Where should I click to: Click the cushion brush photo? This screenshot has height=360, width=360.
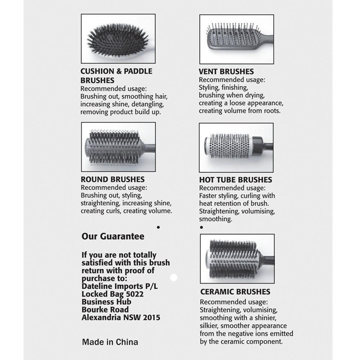coord(118,39)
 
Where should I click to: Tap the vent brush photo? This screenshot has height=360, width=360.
coord(237,39)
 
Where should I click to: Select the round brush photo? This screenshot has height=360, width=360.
coord(118,147)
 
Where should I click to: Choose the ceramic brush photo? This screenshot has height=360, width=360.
coord(237,258)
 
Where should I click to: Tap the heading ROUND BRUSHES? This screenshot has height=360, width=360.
coord(112,179)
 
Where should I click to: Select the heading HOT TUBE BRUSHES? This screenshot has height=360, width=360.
coord(235,180)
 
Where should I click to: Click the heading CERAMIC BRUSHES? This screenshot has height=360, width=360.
coord(235,292)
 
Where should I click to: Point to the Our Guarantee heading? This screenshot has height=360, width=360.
coord(113,237)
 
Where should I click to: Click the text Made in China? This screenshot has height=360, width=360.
coord(110,342)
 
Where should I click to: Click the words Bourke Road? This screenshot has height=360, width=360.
coord(105,310)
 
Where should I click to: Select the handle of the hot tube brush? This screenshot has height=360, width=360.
coord(269,147)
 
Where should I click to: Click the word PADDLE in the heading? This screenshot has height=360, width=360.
coord(138,71)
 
